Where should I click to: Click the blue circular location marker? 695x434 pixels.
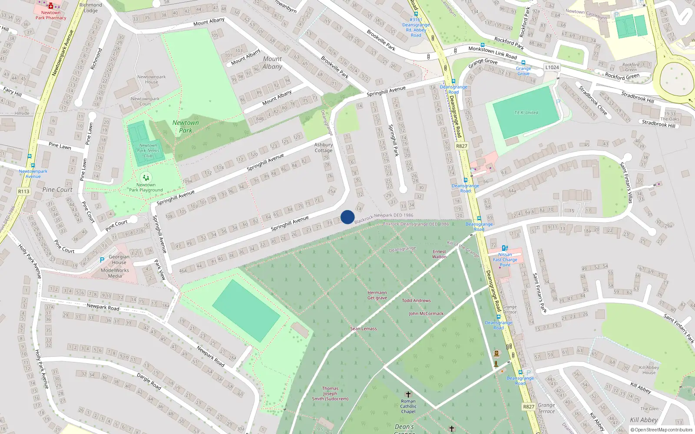347,217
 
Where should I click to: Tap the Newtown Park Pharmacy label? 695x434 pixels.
51,15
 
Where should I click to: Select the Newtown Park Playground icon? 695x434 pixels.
146,177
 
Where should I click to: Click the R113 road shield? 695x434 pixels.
23,191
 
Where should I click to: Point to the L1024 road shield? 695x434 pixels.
552,67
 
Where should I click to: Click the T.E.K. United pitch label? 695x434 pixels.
526,113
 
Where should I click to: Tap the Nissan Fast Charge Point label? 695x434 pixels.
505,260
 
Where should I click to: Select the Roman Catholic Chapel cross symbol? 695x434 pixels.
408,395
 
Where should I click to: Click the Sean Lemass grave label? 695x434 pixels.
364,329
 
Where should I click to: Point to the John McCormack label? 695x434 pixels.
426,313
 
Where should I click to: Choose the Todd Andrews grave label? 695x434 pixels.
416,300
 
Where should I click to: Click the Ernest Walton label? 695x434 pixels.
439,254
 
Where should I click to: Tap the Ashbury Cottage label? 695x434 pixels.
324,148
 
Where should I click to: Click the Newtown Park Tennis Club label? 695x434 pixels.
148,151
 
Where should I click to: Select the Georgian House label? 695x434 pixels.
119,260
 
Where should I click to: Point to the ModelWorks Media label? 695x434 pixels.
115,273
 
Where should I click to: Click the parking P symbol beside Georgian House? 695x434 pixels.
102,260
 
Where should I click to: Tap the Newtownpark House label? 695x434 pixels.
151,79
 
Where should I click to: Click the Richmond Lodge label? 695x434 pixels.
91,8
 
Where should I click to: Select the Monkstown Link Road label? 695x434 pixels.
493,53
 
